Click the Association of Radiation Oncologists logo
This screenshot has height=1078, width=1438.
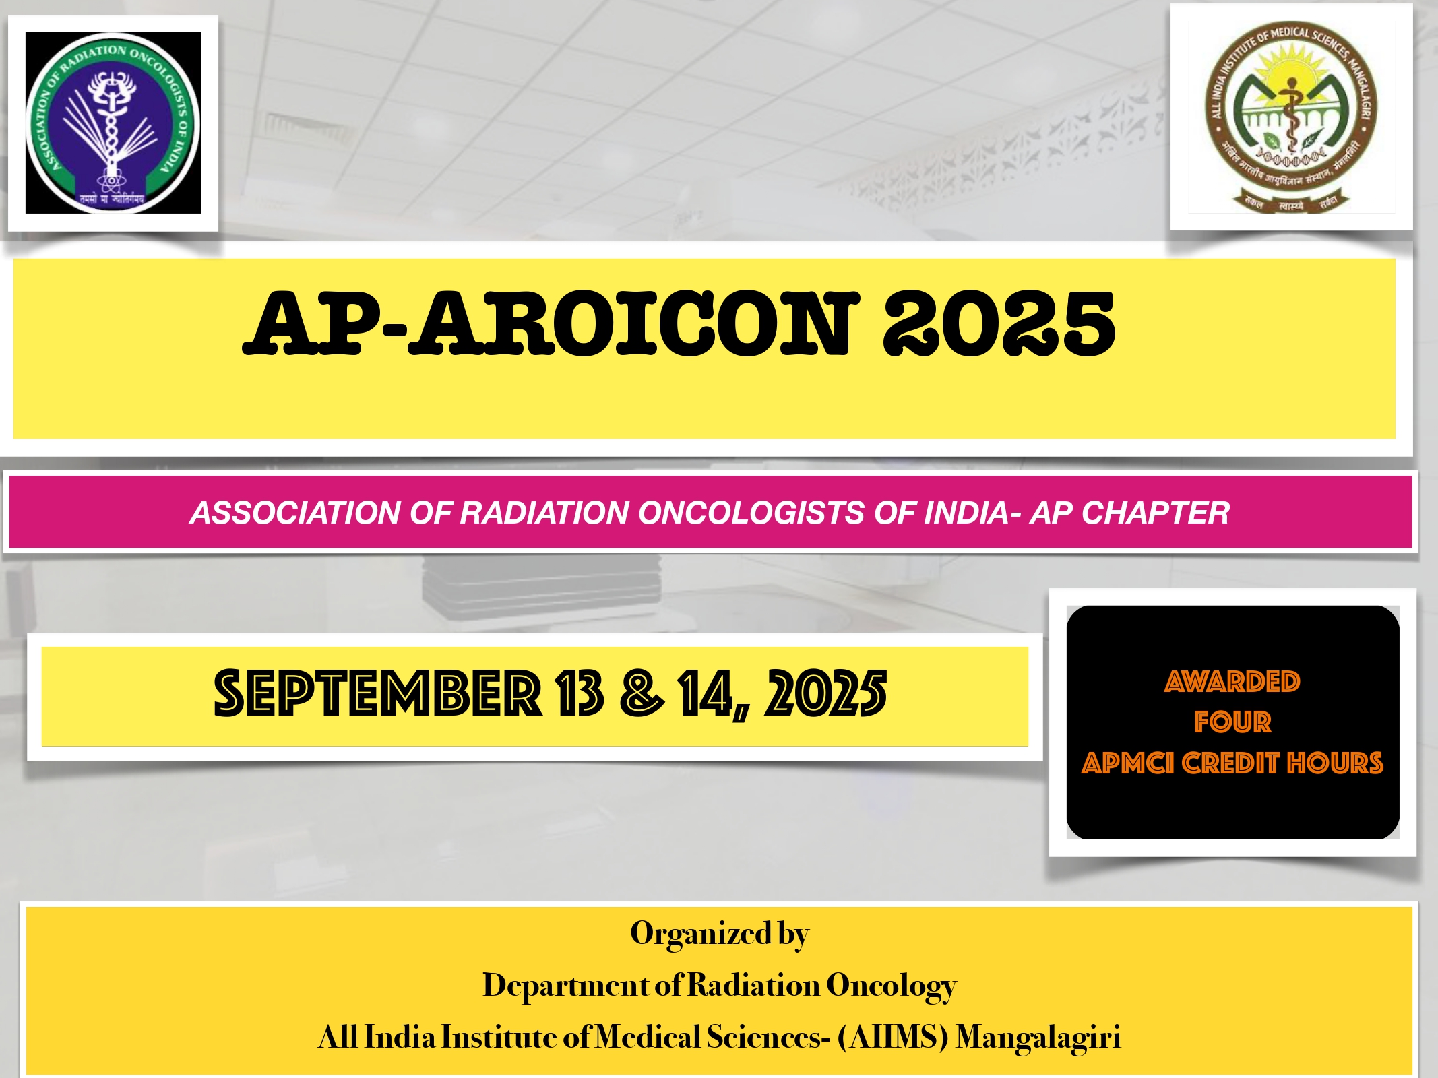point(113,123)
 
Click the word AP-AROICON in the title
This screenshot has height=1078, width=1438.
point(551,323)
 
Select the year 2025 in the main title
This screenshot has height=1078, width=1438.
point(999,323)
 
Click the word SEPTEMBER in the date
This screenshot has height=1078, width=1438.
point(377,693)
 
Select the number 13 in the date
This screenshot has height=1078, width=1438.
point(579,693)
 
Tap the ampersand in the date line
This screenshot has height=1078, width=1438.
point(642,693)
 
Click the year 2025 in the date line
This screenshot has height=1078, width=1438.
point(825,693)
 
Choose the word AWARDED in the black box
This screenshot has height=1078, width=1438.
point(1232,682)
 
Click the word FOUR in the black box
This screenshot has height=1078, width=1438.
point(1232,722)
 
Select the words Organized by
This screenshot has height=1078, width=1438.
point(720,934)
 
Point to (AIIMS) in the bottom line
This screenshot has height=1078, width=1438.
point(894,1038)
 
